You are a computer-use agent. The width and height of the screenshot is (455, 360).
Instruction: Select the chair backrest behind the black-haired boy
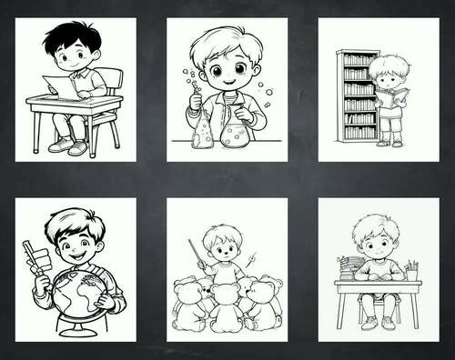(108, 79)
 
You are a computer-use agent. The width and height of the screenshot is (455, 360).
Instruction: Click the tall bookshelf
(356, 95)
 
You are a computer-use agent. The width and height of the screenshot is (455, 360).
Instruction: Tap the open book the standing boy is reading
(391, 96)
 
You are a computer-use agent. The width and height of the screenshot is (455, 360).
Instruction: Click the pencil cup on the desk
(411, 273)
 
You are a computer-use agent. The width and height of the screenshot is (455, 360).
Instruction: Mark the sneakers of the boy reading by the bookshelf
(390, 141)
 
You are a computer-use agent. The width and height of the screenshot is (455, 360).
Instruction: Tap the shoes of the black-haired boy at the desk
(67, 145)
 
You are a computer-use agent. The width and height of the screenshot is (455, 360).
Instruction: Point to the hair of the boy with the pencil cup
(375, 225)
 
